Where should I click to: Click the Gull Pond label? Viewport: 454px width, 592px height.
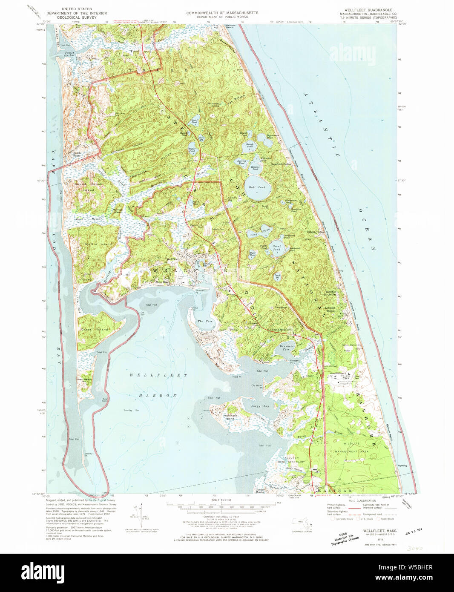pos(257,187)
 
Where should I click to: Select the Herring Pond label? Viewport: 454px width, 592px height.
pos(241,162)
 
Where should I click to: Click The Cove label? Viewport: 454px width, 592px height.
pos(205,321)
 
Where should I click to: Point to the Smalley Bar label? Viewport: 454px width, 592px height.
pos(132,410)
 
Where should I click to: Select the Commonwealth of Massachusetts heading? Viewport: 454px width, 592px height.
pos(222,13)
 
